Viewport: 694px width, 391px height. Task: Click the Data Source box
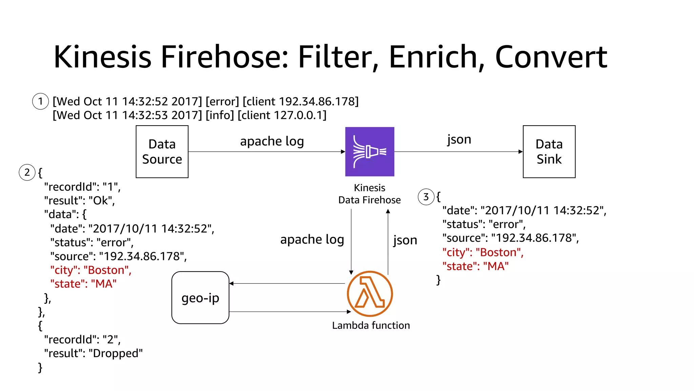(162, 152)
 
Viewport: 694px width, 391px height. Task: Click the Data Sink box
(549, 152)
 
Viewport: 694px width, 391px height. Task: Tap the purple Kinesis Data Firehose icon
(369, 152)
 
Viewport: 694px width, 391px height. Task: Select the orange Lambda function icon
(370, 294)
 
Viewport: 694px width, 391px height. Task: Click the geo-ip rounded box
(200, 298)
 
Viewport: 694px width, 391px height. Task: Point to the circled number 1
(41, 101)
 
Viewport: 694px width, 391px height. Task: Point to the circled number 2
(27, 172)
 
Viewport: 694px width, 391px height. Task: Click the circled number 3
(426, 197)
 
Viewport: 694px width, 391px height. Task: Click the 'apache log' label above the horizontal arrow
(272, 141)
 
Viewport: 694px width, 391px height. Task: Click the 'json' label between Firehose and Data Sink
(459, 139)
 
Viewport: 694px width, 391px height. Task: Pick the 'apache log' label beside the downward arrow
(312, 240)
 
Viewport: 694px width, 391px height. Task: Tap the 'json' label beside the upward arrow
(405, 240)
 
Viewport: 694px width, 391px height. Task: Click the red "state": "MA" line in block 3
(475, 266)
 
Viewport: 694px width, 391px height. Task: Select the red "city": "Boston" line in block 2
(90, 270)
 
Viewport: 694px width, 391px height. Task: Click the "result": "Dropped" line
(94, 353)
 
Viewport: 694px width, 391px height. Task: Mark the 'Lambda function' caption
(371, 325)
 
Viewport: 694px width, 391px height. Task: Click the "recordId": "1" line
(82, 187)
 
